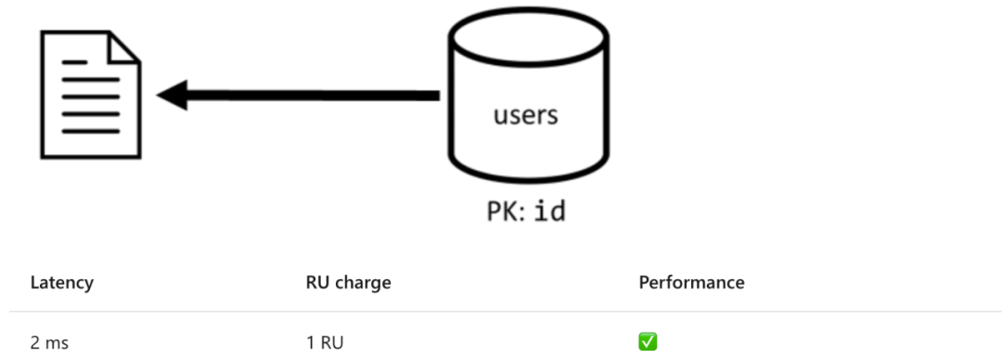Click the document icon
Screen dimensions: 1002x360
click(91, 95)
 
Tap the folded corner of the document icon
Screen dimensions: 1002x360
click(124, 47)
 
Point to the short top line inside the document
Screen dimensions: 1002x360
click(74, 63)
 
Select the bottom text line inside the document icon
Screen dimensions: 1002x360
click(91, 132)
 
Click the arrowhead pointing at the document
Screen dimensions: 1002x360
click(173, 96)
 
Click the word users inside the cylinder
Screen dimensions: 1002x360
click(526, 116)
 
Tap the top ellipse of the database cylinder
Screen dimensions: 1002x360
click(528, 36)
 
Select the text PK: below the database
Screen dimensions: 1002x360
click(507, 212)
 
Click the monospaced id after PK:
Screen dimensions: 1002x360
click(550, 211)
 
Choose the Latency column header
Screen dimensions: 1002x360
click(62, 283)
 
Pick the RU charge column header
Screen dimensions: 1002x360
click(348, 283)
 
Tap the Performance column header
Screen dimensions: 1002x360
click(691, 283)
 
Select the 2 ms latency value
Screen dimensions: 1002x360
click(49, 343)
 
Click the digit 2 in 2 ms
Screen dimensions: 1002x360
click(34, 343)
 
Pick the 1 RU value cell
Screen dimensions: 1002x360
click(325, 343)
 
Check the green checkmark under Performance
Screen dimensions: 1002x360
click(648, 342)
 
